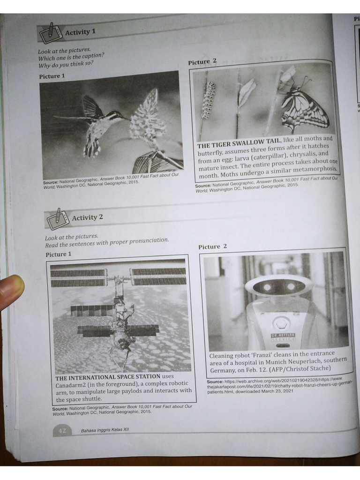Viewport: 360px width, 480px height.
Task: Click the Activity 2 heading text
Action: click(87, 217)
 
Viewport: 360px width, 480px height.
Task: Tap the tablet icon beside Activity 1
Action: click(51, 33)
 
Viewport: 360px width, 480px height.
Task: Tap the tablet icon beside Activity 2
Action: click(58, 218)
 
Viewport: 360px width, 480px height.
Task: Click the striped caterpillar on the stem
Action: click(208, 100)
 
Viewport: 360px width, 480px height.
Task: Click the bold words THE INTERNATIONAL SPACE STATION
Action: click(107, 376)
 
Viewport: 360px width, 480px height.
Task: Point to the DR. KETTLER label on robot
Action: click(283, 336)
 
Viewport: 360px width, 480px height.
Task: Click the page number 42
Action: click(61, 430)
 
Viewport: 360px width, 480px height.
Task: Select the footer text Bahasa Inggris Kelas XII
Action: click(105, 430)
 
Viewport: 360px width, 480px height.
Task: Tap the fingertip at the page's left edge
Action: click(11, 290)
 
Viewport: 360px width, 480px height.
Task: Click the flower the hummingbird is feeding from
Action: click(146, 118)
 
